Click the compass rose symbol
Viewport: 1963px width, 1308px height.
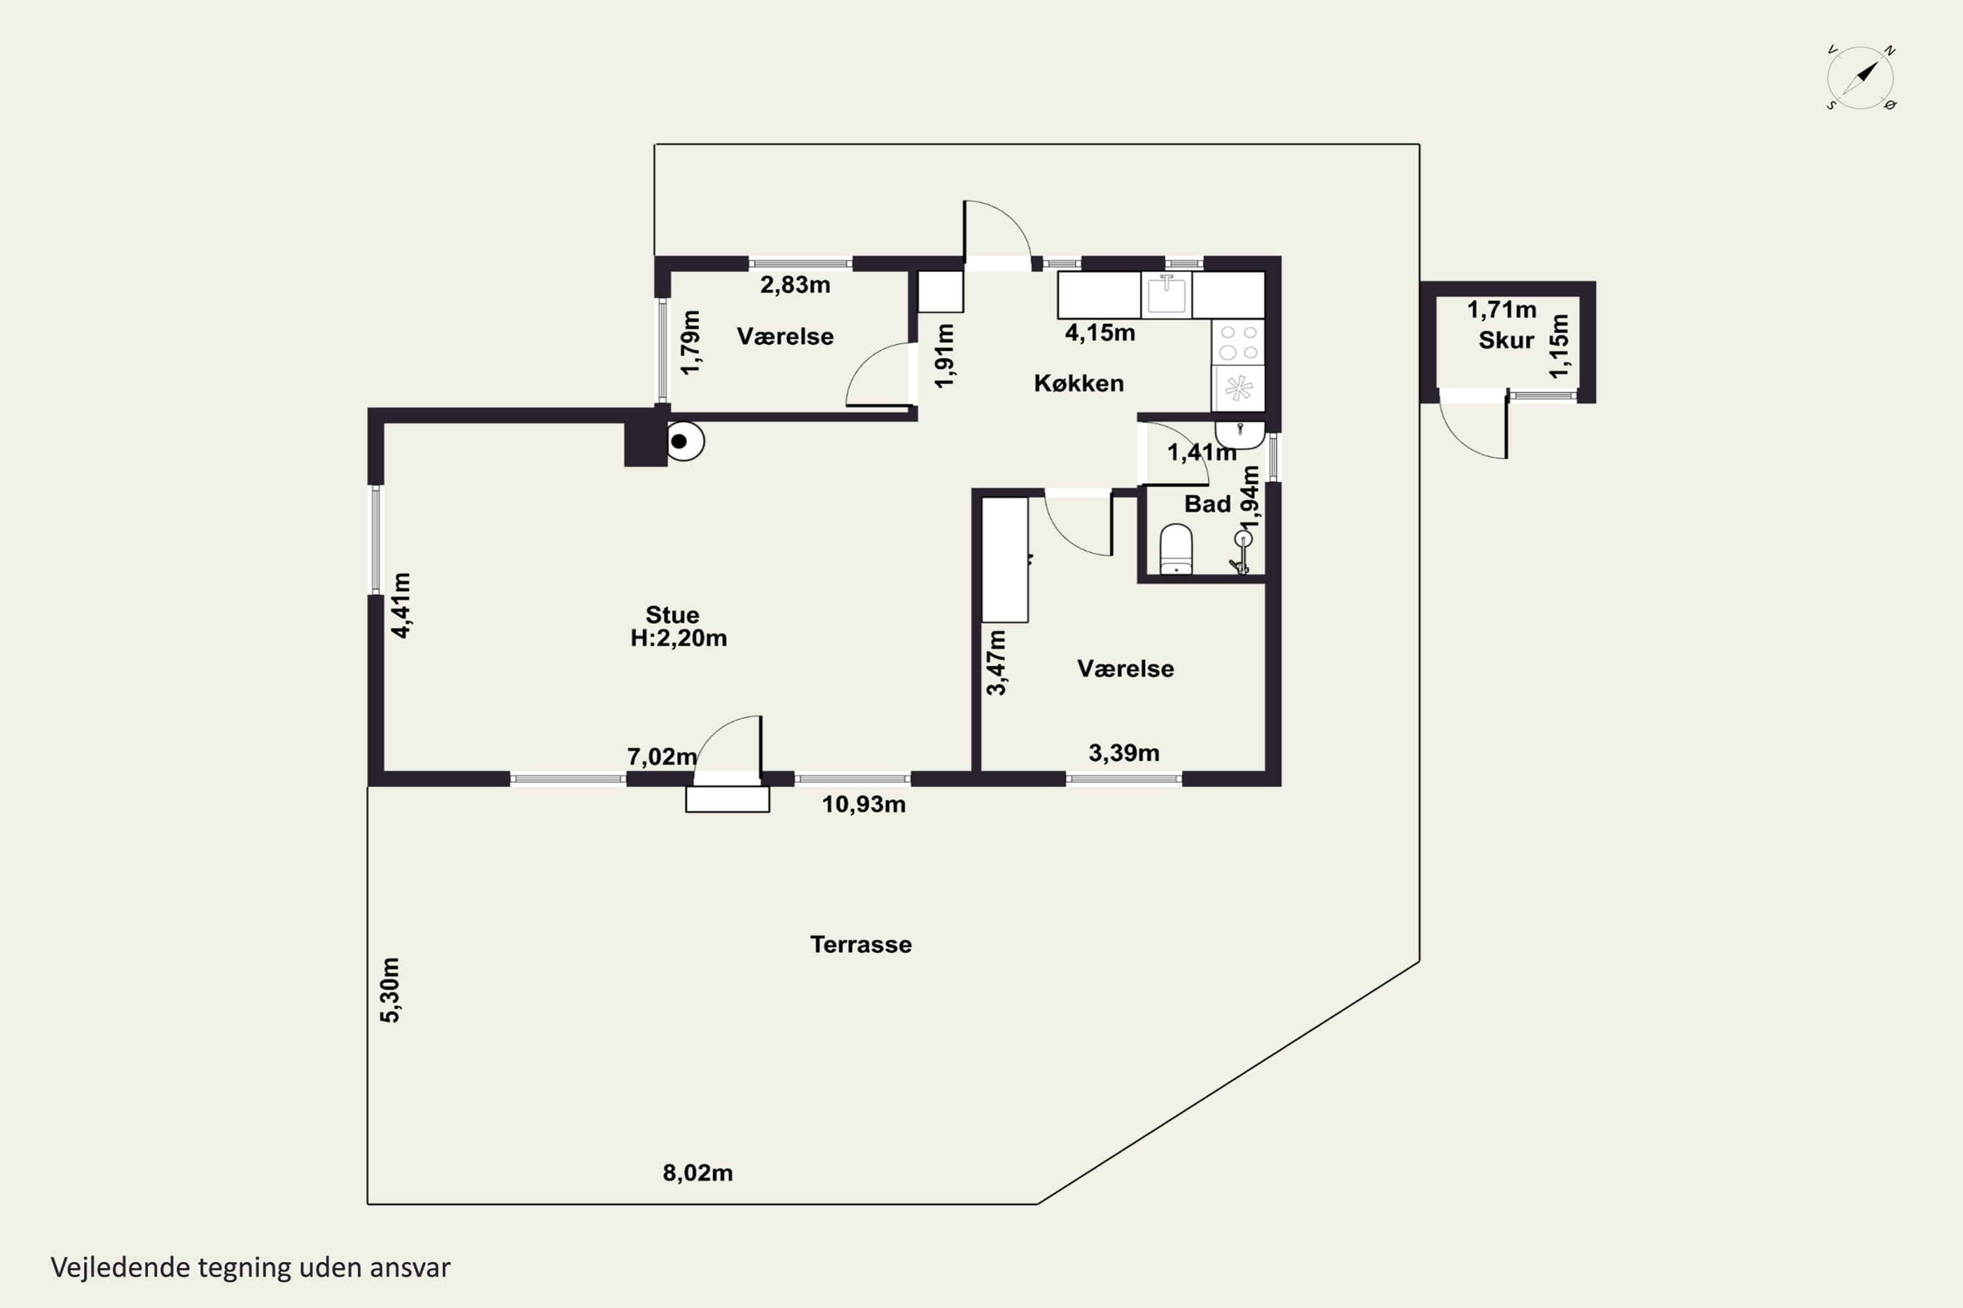[x=1860, y=78]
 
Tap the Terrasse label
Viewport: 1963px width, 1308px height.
[x=860, y=944]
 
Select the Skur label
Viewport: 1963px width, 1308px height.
[x=1506, y=340]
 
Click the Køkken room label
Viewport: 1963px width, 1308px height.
[x=1078, y=383]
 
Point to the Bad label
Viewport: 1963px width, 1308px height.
[x=1207, y=504]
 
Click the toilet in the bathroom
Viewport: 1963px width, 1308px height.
[x=1176, y=550]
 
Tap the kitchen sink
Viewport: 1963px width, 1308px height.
[x=1166, y=294]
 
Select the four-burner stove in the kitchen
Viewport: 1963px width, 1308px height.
[x=1239, y=343]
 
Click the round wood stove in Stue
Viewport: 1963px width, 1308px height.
[x=684, y=442]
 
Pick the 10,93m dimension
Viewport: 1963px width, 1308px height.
[x=864, y=804]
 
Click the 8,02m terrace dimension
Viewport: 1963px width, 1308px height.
[x=698, y=1173]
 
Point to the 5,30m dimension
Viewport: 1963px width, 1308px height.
[x=390, y=990]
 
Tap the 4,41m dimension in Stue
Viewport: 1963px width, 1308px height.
[x=402, y=605]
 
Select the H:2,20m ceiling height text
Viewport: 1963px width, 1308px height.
[x=679, y=638]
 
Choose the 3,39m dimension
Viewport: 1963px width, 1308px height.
[x=1124, y=753]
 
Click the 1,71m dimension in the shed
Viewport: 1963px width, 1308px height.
[x=1502, y=309]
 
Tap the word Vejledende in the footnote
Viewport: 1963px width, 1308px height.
[x=120, y=1268]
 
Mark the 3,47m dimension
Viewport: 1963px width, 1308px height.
[x=997, y=663]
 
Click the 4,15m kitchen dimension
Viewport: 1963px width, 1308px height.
[x=1100, y=333]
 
